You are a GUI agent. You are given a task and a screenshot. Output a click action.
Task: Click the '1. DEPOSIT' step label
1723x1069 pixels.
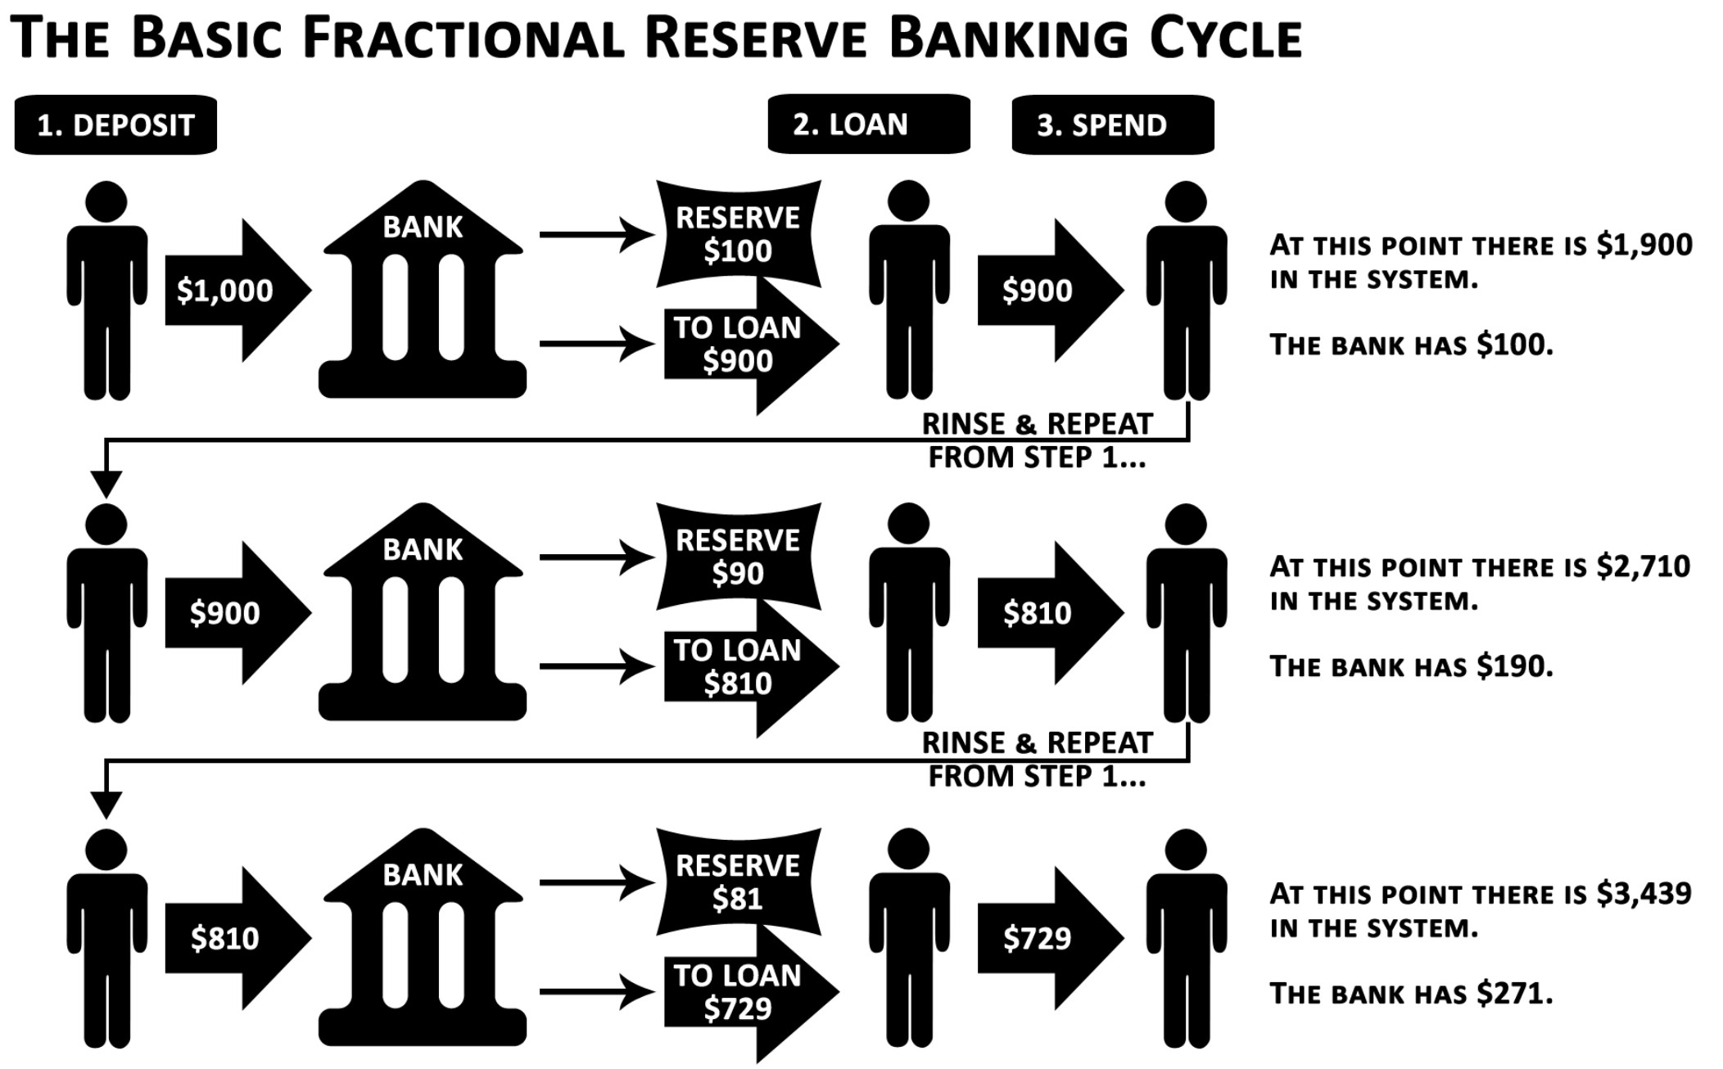coord(115,125)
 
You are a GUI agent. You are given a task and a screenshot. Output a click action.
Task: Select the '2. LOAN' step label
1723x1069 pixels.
coord(868,124)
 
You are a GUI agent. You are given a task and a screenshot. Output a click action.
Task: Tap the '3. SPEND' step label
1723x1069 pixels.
coord(1112,125)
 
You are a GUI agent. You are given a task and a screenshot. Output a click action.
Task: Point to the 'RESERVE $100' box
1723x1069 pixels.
coord(738,234)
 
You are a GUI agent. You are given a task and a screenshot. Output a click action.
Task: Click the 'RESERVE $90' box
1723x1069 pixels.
coord(738,557)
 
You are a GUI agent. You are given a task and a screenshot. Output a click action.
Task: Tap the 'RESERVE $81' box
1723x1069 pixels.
coord(738,882)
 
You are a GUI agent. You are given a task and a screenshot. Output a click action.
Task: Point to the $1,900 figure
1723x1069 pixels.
coord(1644,245)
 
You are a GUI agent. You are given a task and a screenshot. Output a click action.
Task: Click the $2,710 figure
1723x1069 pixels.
coord(1643,566)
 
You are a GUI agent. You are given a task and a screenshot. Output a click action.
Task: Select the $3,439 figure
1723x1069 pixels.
coord(1644,893)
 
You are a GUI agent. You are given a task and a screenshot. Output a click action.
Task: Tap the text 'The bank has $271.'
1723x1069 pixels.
coord(1411,994)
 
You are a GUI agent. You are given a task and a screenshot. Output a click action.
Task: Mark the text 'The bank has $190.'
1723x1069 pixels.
coord(1411,666)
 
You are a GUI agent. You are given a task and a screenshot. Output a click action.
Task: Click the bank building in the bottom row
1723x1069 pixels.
coord(423,941)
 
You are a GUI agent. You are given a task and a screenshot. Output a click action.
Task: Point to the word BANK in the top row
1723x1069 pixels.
coord(423,227)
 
